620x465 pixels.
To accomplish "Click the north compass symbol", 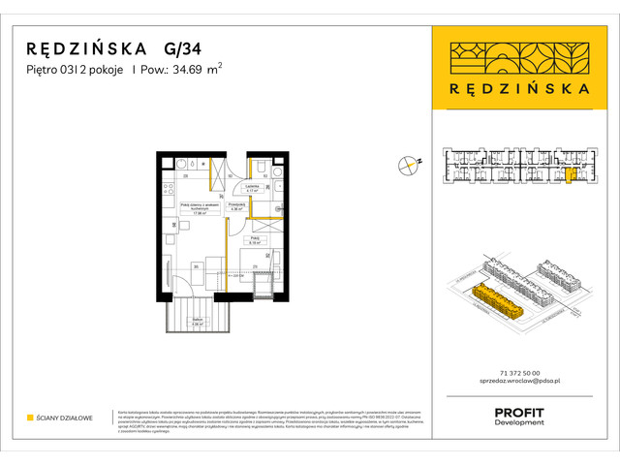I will pos(408,165).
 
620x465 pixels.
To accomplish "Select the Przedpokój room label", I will pos(235,206).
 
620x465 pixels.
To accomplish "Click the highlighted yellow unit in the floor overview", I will pos(570,174).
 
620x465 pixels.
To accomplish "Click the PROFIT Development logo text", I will pos(519,418).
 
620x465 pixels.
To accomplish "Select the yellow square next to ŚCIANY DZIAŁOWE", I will pos(30,418).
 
